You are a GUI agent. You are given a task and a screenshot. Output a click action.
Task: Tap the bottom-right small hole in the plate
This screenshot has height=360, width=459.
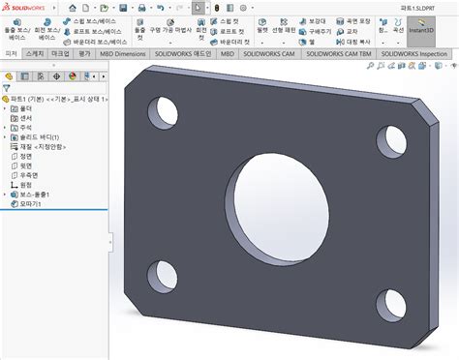389,304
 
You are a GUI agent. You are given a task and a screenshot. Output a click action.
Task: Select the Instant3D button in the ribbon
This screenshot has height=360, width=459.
421,31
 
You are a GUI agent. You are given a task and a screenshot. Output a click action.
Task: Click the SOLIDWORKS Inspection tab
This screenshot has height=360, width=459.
413,54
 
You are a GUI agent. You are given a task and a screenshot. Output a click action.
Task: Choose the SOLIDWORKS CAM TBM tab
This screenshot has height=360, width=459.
338,54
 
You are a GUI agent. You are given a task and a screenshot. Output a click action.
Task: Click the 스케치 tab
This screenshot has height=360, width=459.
36,54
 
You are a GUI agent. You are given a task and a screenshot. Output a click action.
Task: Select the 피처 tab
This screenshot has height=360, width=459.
11,54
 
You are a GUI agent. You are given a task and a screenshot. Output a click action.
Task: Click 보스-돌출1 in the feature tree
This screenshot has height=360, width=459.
36,195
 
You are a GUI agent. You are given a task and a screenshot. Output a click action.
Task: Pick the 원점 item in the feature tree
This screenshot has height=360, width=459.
26,185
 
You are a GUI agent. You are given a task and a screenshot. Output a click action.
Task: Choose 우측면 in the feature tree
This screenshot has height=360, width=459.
29,175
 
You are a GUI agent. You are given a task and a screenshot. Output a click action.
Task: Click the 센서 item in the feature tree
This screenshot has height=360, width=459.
25,118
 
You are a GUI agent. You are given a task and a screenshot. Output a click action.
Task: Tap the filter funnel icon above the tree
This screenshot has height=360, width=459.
8,88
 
